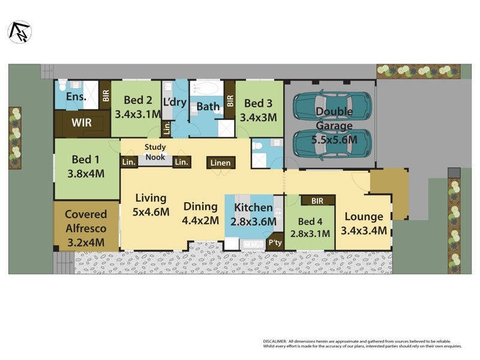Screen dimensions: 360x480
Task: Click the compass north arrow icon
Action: click(19, 32)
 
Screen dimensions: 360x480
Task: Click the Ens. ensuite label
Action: click(76, 97)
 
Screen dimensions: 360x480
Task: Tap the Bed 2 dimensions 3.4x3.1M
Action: click(137, 113)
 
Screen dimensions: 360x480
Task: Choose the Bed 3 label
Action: click(259, 103)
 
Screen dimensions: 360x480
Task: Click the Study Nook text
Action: click(155, 151)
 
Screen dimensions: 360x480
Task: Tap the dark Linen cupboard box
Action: click(221, 163)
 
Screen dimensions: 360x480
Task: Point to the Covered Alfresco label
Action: click(86, 221)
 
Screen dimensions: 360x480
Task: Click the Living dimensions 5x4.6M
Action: click(152, 211)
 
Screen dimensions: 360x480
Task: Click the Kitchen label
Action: click(253, 208)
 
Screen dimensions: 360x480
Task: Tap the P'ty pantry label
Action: click(275, 242)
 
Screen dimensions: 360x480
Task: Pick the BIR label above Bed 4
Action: click(311, 201)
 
